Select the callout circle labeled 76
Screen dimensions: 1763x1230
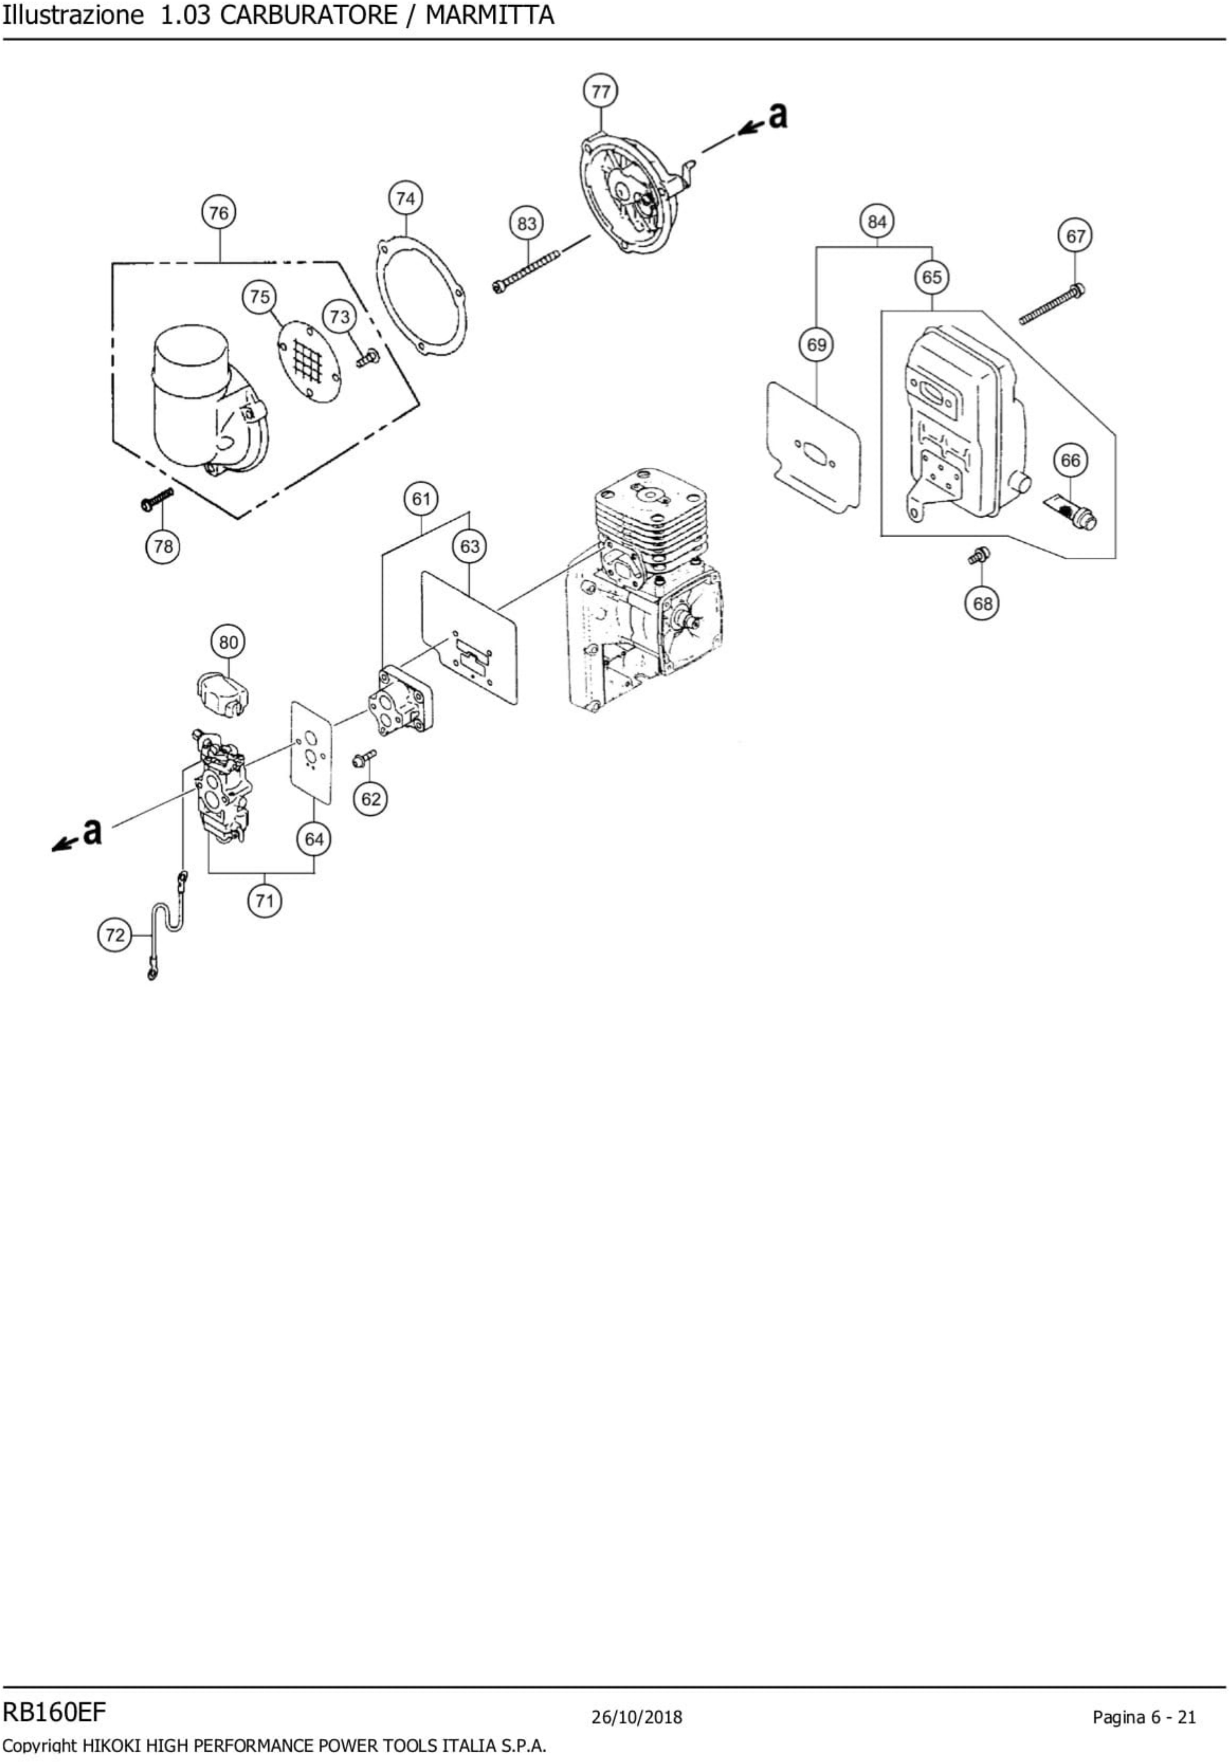[219, 213]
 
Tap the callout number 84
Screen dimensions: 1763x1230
[877, 222]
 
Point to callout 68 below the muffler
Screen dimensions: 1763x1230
[982, 604]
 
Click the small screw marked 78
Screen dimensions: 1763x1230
[157, 499]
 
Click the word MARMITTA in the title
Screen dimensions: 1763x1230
[490, 16]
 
